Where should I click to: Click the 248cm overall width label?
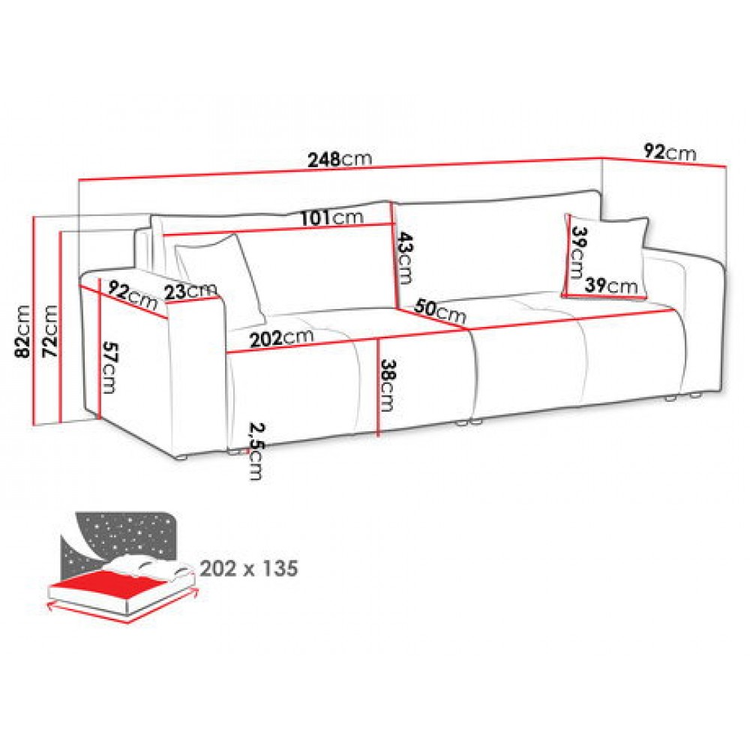[x=340, y=159]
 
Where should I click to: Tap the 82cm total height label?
[x=23, y=331]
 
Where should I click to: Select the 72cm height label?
[x=49, y=331]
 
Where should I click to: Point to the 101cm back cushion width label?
[x=332, y=217]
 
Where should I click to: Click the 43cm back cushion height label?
[x=406, y=258]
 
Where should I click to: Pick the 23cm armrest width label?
[x=190, y=291]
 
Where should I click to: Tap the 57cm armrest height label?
[x=109, y=367]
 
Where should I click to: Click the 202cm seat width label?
[x=282, y=338]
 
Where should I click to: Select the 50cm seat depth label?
[x=439, y=311]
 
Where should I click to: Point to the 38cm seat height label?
[x=386, y=385]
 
